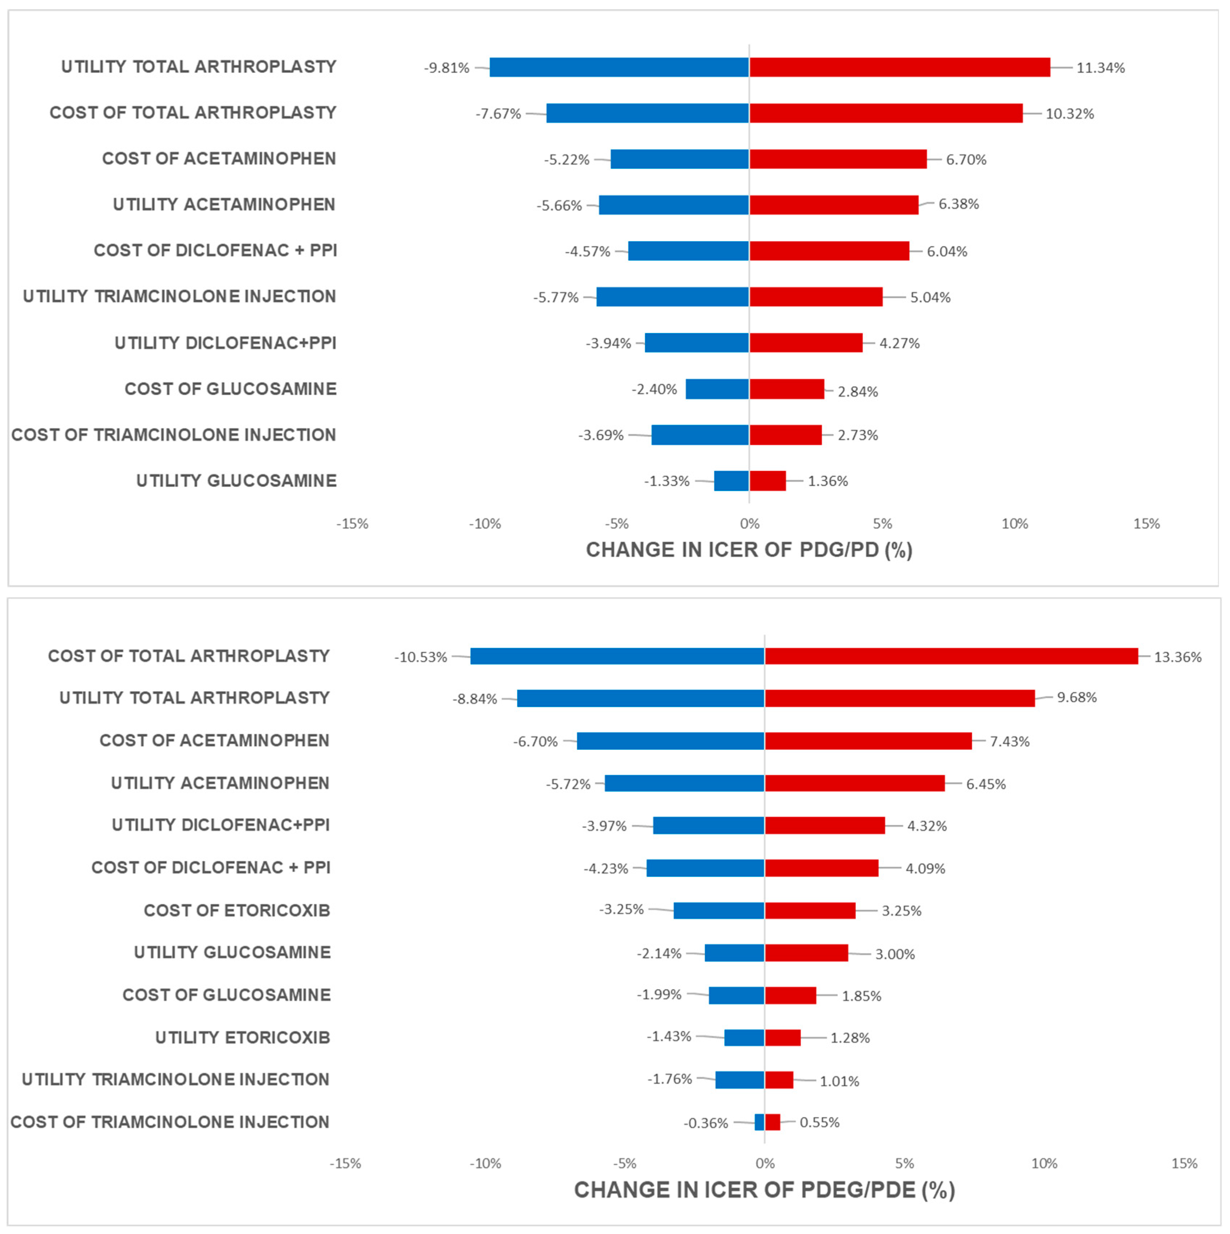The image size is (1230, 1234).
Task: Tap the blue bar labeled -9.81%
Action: pos(619,67)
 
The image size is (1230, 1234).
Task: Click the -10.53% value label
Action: pos(420,657)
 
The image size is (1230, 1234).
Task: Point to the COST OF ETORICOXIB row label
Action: pos(237,910)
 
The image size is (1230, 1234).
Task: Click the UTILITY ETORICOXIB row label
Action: pos(243,1037)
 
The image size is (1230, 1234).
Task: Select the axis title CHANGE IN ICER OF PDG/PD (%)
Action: pos(749,550)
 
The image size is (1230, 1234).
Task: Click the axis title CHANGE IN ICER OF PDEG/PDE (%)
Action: pos(764,1190)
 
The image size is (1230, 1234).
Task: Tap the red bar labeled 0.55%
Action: pos(772,1122)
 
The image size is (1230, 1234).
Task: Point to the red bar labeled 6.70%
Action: pos(837,159)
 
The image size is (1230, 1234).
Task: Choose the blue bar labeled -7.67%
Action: pos(647,113)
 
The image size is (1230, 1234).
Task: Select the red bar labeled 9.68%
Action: pos(899,698)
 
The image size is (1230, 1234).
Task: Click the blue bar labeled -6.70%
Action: pos(670,741)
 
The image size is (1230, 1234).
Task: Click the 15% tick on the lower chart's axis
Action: pos(1184,1164)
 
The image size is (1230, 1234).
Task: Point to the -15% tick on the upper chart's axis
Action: pos(352,524)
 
